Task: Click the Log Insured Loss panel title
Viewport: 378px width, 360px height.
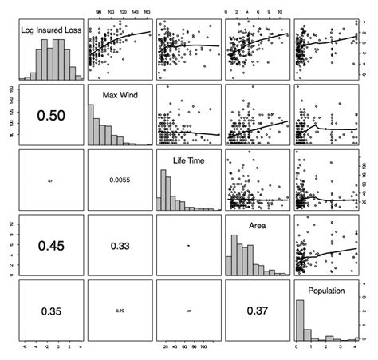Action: [52, 31]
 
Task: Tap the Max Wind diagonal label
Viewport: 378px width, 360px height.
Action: [120, 97]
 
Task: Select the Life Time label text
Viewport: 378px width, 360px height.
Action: [189, 162]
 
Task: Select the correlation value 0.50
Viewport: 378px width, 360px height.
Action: [52, 117]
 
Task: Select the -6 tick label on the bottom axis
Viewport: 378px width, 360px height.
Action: [26, 350]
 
